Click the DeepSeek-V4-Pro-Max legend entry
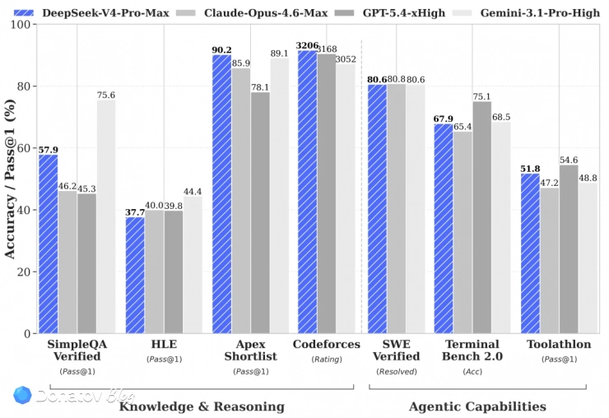91,13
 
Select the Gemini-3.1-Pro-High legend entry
529,13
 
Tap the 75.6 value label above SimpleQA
106,95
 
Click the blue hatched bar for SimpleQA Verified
49,244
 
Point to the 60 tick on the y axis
24,148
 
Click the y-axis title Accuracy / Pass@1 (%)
10,179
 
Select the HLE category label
164,345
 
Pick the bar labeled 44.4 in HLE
193,265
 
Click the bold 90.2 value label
221,50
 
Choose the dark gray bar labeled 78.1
260,213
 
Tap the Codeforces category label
327,345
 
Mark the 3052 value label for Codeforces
346,59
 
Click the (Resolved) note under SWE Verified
396,372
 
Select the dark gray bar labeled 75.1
482,217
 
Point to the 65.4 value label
463,127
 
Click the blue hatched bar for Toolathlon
530,253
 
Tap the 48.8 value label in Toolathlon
588,178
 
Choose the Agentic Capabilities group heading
477,406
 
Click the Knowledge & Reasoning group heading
202,406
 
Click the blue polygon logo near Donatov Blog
22,395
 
